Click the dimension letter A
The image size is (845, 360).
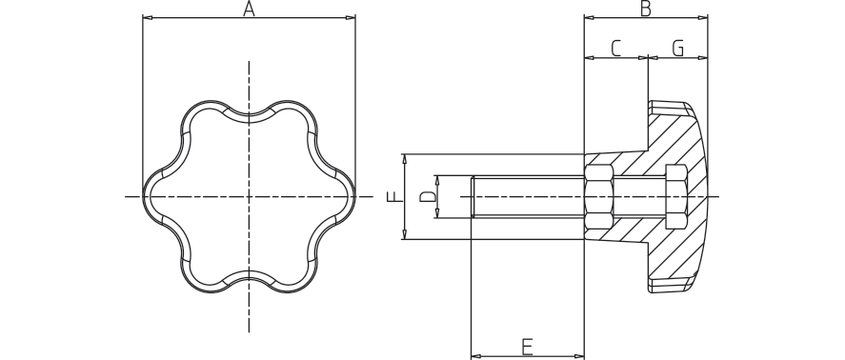click(x=249, y=9)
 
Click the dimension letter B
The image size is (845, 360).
click(x=645, y=9)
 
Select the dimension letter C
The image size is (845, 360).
click(x=616, y=49)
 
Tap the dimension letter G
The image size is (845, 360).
click(x=678, y=49)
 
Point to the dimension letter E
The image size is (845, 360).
click(x=527, y=347)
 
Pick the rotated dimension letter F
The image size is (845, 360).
click(x=395, y=196)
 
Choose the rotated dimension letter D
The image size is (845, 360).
click(x=428, y=197)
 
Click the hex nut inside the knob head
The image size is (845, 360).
click(x=676, y=196)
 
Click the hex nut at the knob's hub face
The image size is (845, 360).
click(x=598, y=197)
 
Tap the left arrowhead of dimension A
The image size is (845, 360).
click(x=147, y=18)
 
